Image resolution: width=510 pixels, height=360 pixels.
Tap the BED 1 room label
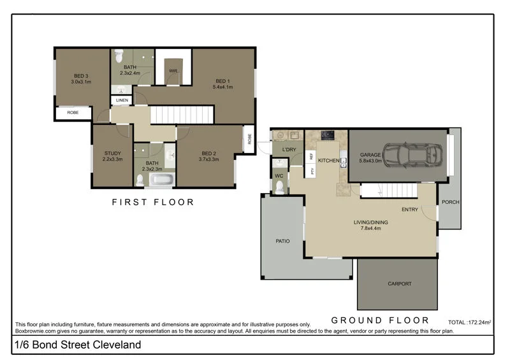pos(222,81)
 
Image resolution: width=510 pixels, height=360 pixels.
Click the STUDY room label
pos(112,153)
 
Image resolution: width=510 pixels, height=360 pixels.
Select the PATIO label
pos(283,241)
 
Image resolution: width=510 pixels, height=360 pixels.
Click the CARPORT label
pos(400,284)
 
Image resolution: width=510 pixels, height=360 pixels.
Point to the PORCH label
pos(450,202)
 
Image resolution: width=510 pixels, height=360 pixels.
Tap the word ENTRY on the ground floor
pos(410,210)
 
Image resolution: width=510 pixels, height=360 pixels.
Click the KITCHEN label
pos(329,160)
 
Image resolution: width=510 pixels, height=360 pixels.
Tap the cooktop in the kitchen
pos(328,134)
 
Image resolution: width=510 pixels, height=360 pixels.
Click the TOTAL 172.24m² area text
pos(470,323)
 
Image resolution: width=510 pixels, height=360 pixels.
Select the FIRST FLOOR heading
pos(153,202)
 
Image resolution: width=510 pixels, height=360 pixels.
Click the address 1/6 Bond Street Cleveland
pos(78,345)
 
